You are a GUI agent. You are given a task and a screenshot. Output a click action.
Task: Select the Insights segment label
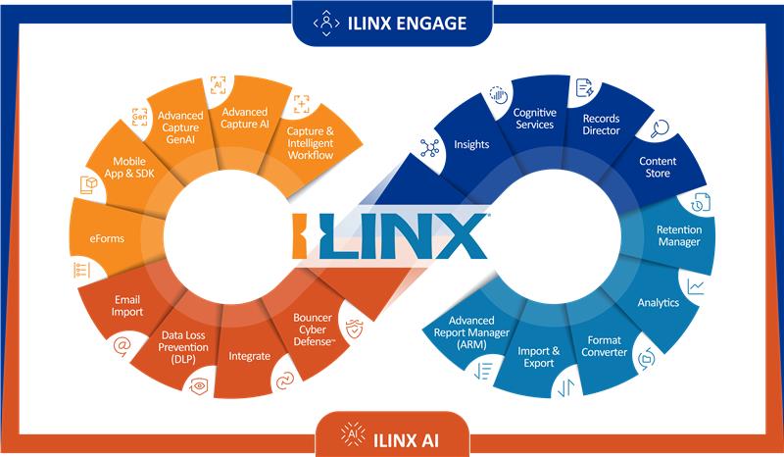[x=471, y=145]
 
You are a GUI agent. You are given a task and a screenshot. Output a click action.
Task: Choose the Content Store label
[x=655, y=167]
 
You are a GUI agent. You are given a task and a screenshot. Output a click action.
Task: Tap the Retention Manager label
[x=678, y=236]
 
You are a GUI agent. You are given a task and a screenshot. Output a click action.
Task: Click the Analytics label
[x=658, y=303]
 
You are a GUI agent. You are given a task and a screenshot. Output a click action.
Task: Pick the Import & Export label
[x=538, y=357]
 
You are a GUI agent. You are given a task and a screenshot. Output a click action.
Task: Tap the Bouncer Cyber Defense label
[x=320, y=325]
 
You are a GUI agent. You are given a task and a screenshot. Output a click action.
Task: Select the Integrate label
[x=248, y=356]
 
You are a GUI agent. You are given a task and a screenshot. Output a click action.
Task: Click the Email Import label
[x=127, y=305]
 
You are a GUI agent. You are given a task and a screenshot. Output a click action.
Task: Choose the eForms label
[x=98, y=237]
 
